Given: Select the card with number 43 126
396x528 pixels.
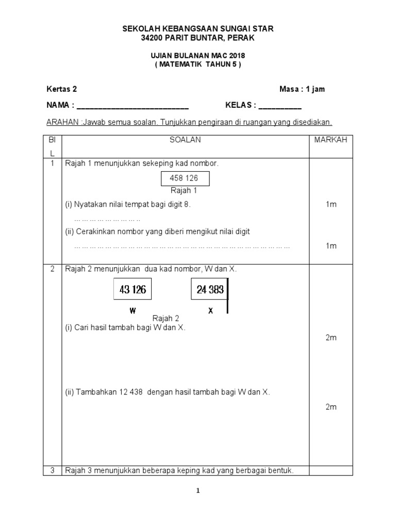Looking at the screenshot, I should click(x=133, y=290).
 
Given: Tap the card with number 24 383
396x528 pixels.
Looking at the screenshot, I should click(x=210, y=290).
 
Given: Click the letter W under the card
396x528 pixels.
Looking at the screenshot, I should click(x=133, y=311).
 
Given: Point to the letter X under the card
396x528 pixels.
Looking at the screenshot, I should click(x=210, y=311).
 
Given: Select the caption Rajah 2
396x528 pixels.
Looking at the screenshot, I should click(x=166, y=319).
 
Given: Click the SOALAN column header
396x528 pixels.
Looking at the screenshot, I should click(x=185, y=140).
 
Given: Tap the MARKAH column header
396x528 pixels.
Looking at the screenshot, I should click(x=331, y=140).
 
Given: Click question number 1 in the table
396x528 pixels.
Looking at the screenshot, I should click(x=52, y=163).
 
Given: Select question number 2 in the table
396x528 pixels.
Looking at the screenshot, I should click(x=52, y=269).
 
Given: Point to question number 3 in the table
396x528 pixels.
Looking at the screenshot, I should click(x=52, y=470).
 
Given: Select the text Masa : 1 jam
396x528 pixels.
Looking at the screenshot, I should click(x=302, y=89).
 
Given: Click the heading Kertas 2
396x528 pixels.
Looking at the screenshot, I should click(x=62, y=89).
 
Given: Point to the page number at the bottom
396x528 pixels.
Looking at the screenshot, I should click(x=197, y=491).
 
